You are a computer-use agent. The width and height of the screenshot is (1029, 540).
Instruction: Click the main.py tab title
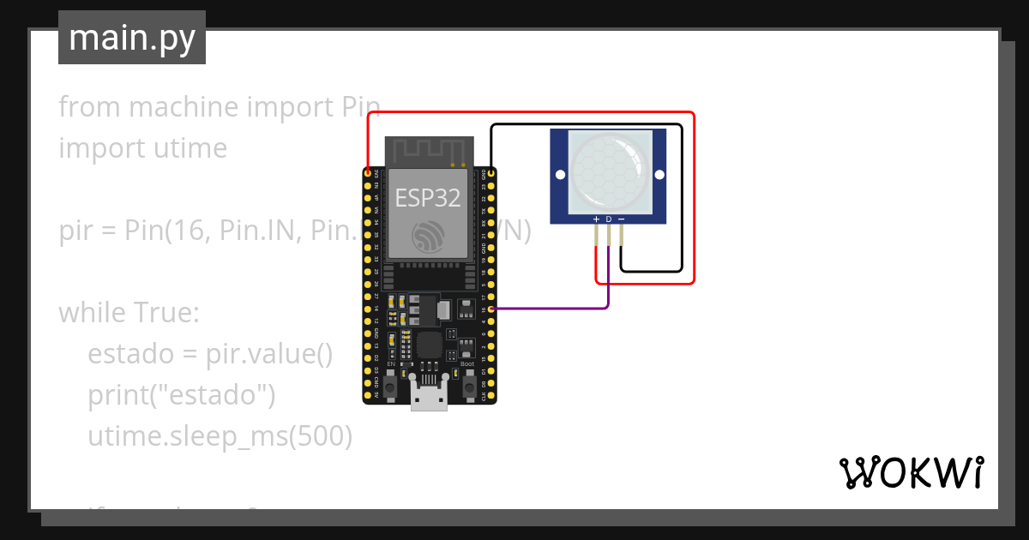click(131, 38)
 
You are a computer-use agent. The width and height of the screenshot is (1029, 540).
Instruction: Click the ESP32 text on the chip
click(427, 198)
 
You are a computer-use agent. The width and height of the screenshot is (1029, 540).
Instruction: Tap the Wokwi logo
click(910, 472)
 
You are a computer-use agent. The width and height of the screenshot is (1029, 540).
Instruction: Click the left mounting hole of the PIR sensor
click(560, 175)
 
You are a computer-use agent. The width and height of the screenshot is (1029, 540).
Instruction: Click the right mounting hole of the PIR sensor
click(659, 175)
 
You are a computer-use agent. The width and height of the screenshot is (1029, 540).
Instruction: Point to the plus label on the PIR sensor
click(596, 219)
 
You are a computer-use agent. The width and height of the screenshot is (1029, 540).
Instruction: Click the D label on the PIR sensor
click(609, 219)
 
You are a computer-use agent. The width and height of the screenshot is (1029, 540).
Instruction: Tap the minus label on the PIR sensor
click(621, 219)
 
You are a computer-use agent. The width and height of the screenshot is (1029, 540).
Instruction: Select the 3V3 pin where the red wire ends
click(369, 172)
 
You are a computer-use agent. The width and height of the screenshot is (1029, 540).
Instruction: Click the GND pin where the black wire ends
click(490, 172)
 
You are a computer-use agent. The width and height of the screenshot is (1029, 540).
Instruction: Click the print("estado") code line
click(181, 395)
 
